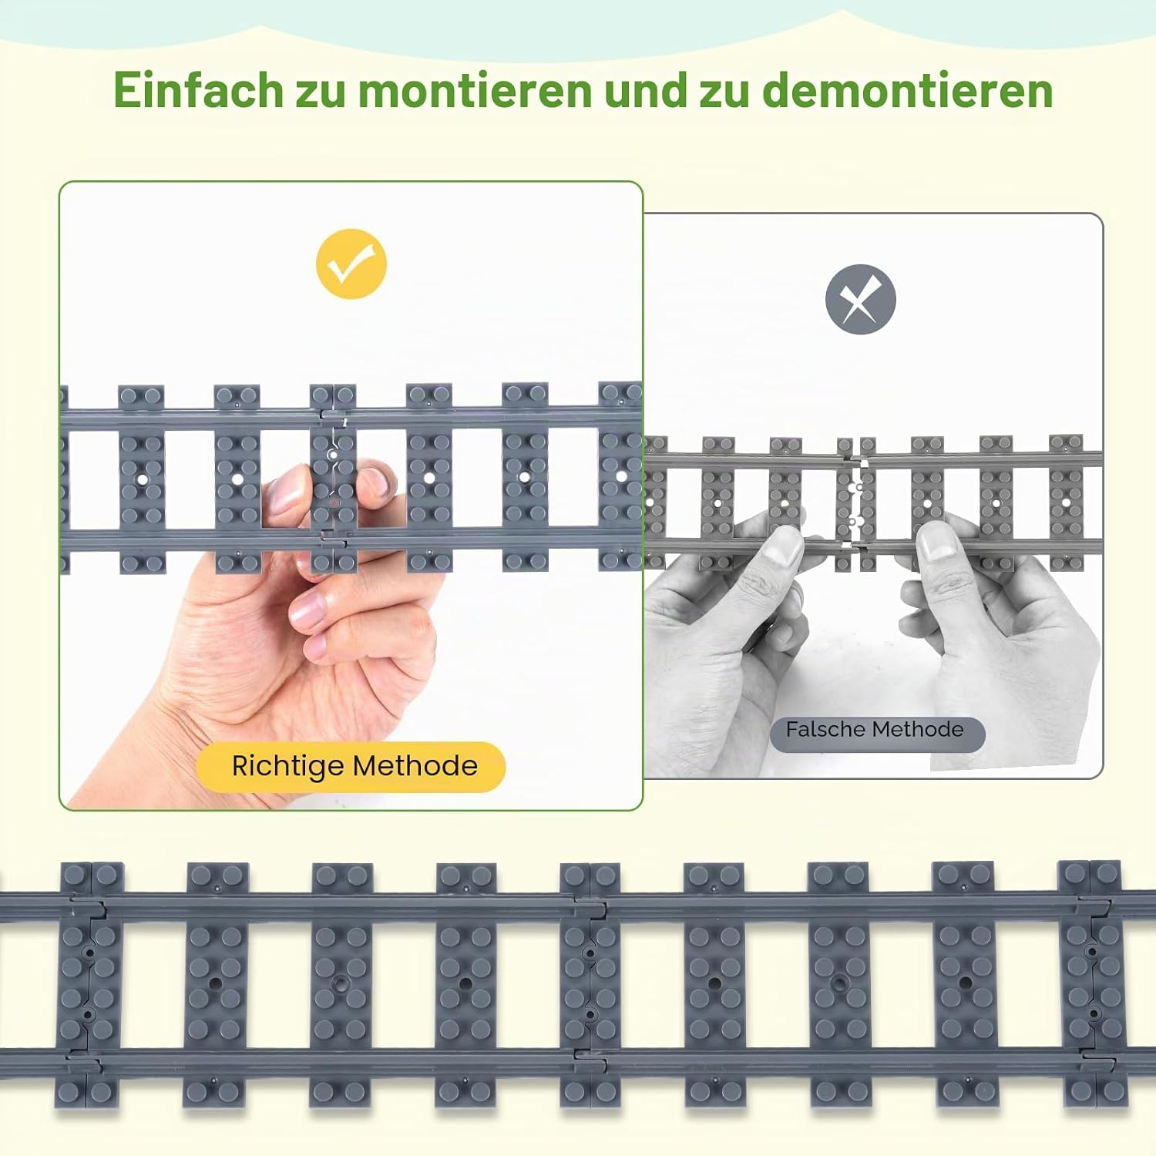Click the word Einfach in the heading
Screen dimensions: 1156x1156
[198, 90]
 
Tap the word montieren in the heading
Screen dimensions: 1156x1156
[474, 90]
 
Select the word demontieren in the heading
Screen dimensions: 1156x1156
[908, 90]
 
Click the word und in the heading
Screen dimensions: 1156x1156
[645, 90]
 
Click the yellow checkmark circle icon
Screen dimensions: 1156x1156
[351, 264]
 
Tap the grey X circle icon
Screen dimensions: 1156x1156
[860, 300]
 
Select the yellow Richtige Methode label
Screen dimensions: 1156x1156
[351, 767]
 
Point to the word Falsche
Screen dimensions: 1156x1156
[825, 729]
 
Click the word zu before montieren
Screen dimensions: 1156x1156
[321, 90]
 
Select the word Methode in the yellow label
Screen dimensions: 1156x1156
[415, 767]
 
